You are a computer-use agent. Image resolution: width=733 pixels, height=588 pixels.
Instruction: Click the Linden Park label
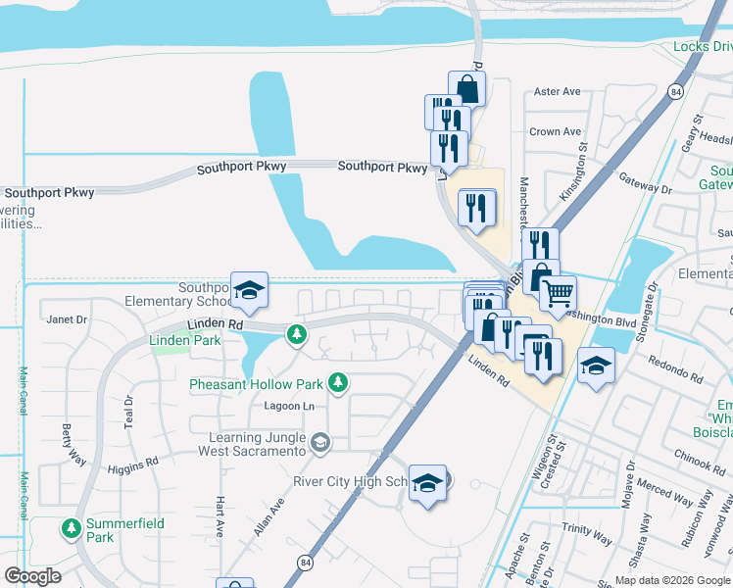click(185, 340)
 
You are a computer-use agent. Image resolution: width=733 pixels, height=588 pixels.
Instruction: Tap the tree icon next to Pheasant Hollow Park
click(338, 382)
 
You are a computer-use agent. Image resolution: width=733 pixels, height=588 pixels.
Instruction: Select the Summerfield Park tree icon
click(71, 529)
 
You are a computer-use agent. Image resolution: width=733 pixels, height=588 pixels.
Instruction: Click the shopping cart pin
click(558, 293)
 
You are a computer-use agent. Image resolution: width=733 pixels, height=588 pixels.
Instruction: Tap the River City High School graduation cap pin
click(427, 483)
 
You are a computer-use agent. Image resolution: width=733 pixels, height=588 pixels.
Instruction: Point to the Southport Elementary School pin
click(249, 289)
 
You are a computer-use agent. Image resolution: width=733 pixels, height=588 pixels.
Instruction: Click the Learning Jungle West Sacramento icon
click(319, 444)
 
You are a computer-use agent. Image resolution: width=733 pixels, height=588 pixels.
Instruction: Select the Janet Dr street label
click(68, 319)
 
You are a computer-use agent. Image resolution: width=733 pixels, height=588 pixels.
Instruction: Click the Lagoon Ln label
click(288, 406)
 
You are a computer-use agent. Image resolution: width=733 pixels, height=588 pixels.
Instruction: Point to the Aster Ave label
click(558, 92)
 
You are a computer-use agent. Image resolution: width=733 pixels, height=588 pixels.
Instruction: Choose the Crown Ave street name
click(556, 131)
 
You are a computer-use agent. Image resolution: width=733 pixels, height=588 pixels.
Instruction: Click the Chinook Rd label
click(700, 457)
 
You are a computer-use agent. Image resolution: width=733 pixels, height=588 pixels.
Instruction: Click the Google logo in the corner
click(32, 576)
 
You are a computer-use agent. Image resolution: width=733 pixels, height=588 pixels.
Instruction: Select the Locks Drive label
click(703, 46)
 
